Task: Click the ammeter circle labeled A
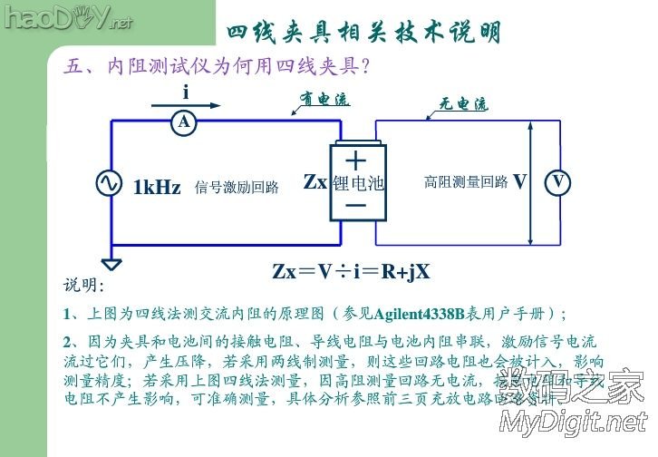(x=184, y=122)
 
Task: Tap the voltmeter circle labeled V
(x=558, y=183)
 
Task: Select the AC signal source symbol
(x=110, y=183)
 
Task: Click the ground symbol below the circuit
(x=111, y=265)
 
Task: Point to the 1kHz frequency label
(x=157, y=187)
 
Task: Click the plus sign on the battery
(x=356, y=160)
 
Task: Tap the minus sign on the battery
(x=356, y=205)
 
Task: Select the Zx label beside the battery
(x=314, y=182)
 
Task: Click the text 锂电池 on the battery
(x=358, y=183)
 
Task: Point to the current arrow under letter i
(x=191, y=106)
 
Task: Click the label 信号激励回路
(x=236, y=188)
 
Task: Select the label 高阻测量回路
(x=465, y=181)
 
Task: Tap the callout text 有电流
(x=324, y=100)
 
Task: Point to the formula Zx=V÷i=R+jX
(x=351, y=271)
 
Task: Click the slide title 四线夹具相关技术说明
(x=363, y=33)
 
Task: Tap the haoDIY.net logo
(x=66, y=17)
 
